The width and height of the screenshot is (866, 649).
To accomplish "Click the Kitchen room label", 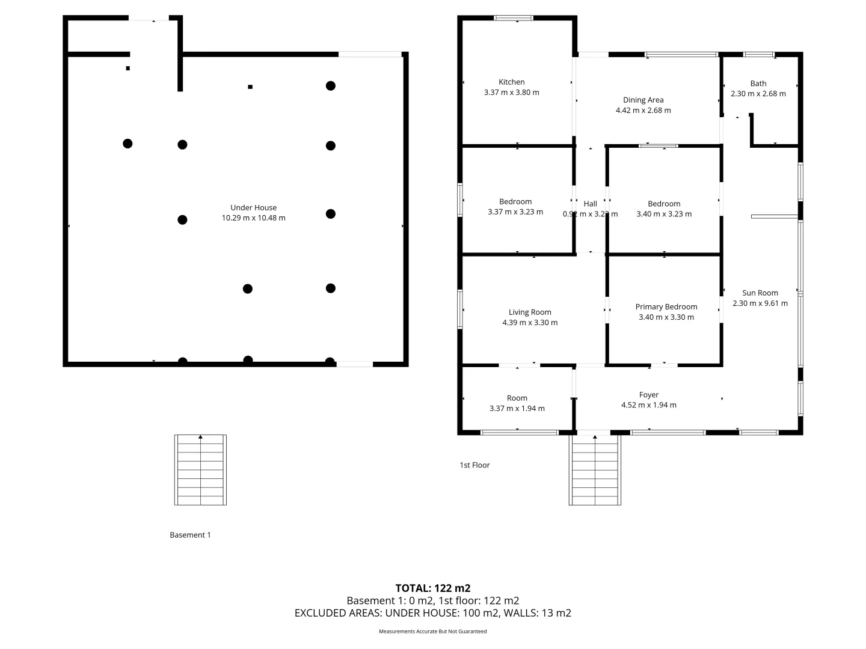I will pyautogui.click(x=511, y=82).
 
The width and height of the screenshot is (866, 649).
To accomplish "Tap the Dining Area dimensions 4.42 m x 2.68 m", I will pyautogui.click(x=643, y=111).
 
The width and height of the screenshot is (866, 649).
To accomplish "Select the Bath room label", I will pyautogui.click(x=758, y=84).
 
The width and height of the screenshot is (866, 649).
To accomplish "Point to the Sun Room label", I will pyautogui.click(x=760, y=293).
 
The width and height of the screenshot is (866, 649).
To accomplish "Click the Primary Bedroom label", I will pyautogui.click(x=666, y=306).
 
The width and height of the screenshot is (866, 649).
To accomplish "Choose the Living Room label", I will pyautogui.click(x=529, y=312).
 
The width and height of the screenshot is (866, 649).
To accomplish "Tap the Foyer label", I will pyautogui.click(x=648, y=395).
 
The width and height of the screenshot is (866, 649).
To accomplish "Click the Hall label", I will pyautogui.click(x=590, y=204).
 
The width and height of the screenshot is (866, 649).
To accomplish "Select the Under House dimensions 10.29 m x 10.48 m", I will pyautogui.click(x=253, y=218).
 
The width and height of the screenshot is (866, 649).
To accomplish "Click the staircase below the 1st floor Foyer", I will pyautogui.click(x=595, y=470).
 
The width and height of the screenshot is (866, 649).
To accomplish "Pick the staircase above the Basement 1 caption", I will pyautogui.click(x=200, y=470).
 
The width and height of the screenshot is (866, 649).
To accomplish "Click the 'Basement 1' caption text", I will pyautogui.click(x=190, y=535).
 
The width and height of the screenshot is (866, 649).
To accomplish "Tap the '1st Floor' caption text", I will pyautogui.click(x=474, y=465).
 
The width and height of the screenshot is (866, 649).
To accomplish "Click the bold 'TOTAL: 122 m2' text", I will pyautogui.click(x=432, y=588).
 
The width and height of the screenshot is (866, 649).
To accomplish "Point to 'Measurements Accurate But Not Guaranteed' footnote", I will pyautogui.click(x=432, y=632).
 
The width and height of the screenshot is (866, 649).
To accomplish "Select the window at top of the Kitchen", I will pyautogui.click(x=513, y=18).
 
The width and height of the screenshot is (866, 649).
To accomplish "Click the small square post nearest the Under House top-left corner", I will pyautogui.click(x=127, y=69).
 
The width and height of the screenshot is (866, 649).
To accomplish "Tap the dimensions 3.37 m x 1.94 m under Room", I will pyautogui.click(x=517, y=409).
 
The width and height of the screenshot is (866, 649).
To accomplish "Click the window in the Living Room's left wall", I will pyautogui.click(x=461, y=309).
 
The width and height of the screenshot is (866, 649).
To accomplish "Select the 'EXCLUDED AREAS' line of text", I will pyautogui.click(x=432, y=613).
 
